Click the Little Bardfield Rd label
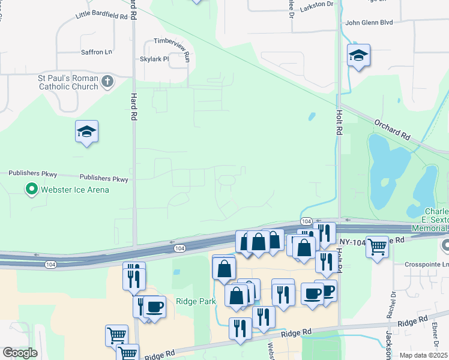click(102, 17)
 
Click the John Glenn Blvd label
click(369, 23)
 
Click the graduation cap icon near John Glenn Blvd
click(358, 56)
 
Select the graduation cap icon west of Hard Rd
click(86, 132)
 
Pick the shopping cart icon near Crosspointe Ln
click(377, 246)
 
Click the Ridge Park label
click(196, 301)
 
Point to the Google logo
click(20, 353)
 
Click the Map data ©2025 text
click(423, 355)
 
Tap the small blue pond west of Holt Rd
click(311, 116)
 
